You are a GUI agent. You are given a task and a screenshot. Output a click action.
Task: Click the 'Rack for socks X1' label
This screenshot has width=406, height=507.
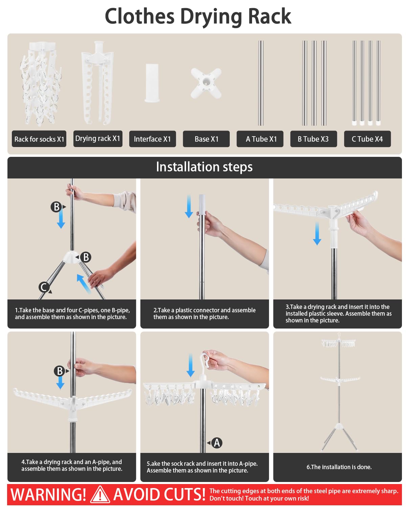click(x=39, y=139)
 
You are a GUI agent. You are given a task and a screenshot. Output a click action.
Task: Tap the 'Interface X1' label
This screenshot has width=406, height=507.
click(x=152, y=139)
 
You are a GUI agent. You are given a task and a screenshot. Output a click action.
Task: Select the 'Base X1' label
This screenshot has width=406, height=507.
click(x=206, y=139)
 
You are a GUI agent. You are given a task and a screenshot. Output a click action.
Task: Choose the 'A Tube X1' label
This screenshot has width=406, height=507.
click(x=260, y=139)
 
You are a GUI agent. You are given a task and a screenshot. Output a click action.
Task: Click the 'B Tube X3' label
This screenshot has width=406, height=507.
click(x=314, y=139)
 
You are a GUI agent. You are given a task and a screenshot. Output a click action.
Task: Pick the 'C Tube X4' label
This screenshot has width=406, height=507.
click(x=367, y=139)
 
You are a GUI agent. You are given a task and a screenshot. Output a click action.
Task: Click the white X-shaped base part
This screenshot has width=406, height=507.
click(x=206, y=83)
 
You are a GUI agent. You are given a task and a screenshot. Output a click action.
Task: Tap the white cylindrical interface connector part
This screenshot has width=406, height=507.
click(x=152, y=83)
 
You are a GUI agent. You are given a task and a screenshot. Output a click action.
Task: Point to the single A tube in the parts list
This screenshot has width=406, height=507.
click(x=261, y=83)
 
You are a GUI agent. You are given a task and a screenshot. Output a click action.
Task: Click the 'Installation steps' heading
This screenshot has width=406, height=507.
click(x=204, y=167)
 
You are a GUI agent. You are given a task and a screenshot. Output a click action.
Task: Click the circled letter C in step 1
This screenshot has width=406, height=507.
click(x=44, y=287)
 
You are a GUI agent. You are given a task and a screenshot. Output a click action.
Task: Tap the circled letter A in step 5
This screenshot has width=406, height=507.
click(x=217, y=443)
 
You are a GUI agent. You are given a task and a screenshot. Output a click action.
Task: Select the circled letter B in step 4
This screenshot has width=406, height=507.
click(x=60, y=371)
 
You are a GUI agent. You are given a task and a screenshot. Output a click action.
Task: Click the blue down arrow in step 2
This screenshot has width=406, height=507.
click(x=189, y=207)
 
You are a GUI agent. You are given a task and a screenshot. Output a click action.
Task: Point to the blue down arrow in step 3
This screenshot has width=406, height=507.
click(x=317, y=233)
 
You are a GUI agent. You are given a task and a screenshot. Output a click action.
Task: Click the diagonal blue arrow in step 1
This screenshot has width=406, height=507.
click(x=84, y=284)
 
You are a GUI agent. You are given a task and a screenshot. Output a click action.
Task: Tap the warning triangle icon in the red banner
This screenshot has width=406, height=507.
click(x=100, y=494)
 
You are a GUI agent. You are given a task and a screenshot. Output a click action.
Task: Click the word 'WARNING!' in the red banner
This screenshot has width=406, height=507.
click(x=48, y=494)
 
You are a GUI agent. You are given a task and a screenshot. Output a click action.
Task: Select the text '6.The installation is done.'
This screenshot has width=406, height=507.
click(x=339, y=467)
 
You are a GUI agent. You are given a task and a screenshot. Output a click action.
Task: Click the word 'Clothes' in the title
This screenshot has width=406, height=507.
click(x=140, y=16)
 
